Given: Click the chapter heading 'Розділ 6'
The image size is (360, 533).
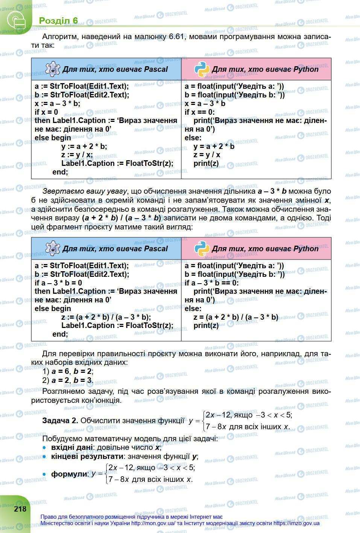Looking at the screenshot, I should tap(58, 20).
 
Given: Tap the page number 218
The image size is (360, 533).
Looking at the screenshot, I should tap(20, 509).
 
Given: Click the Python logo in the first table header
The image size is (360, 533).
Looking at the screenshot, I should tap(202, 69).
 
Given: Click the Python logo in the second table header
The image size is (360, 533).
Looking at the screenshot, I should tap(202, 249).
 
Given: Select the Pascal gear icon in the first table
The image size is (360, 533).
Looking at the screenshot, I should tap(53, 69).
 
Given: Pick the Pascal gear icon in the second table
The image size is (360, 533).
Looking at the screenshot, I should tap(53, 249).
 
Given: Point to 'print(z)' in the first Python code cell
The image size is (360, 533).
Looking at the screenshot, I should tap(206, 164).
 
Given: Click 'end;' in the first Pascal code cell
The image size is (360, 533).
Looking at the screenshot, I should tap(60, 172).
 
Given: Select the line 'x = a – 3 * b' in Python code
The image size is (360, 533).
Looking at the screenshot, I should tap(205, 103).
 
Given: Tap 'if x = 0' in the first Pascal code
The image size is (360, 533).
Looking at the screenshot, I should tap(46, 112).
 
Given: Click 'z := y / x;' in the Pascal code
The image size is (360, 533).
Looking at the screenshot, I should tap(77, 155).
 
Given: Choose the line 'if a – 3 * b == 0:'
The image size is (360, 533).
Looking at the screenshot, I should tap(211, 283).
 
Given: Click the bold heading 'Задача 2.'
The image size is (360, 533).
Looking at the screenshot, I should tap(60, 421).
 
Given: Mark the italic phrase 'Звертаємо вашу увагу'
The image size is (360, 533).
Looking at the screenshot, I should tap(85, 191).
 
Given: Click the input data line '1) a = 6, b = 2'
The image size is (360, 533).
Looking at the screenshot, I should tap(68, 371).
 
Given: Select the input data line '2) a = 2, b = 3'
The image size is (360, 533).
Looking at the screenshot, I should tap(68, 380).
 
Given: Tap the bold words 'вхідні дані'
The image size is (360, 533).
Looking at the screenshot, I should tap(72, 447).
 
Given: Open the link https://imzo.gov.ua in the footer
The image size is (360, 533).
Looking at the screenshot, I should tap(296, 523).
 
